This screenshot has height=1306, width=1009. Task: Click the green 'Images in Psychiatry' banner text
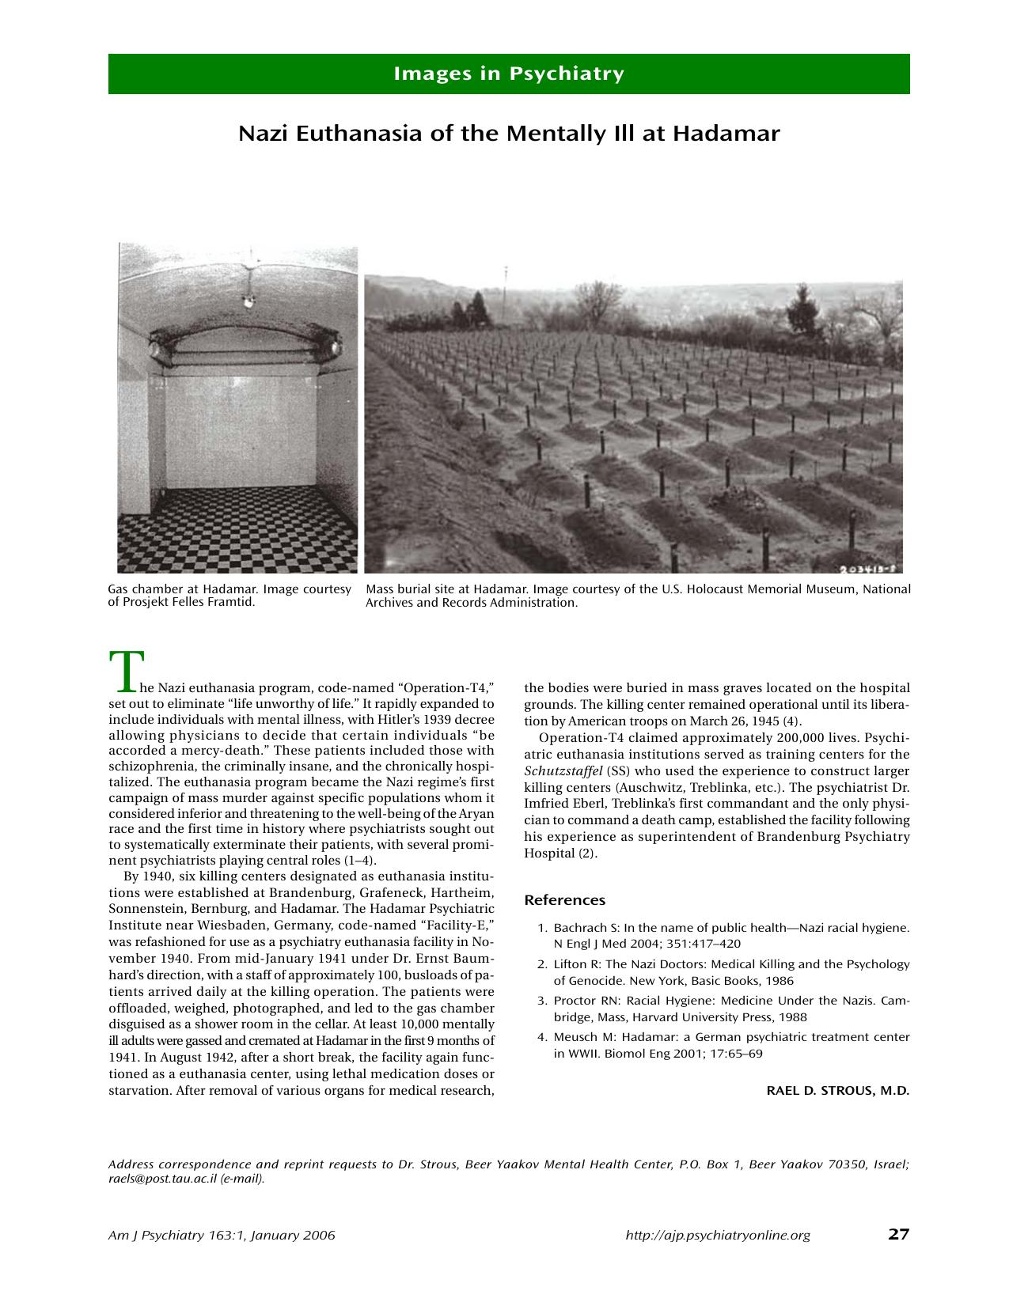(509, 74)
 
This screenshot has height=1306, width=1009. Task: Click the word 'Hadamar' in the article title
(726, 133)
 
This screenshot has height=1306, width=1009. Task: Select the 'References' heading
(564, 900)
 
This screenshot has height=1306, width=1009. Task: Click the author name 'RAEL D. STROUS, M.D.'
(837, 1091)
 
